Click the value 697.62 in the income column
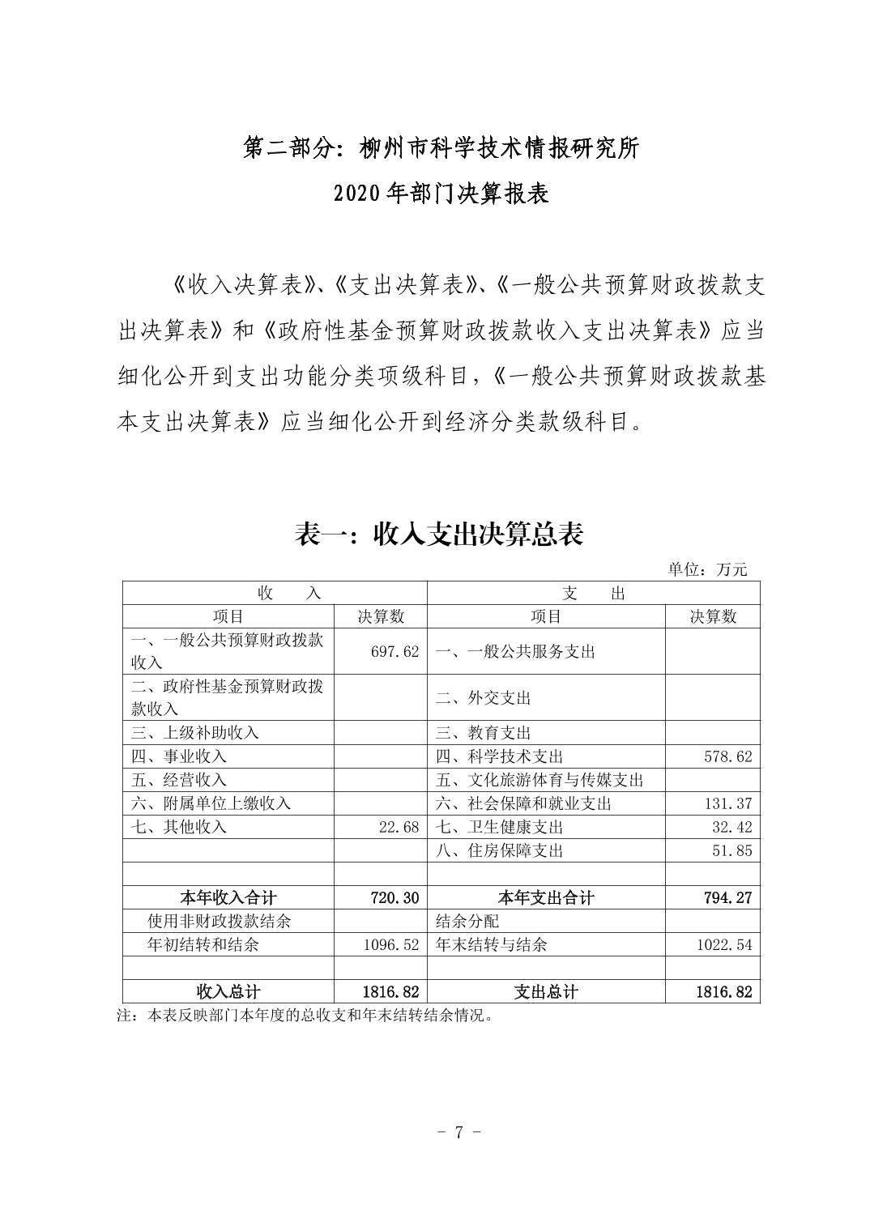click(x=394, y=651)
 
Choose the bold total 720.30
click(x=394, y=897)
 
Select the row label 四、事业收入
click(x=179, y=756)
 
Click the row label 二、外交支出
click(x=483, y=697)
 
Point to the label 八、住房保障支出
click(x=499, y=850)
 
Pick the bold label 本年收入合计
click(x=228, y=897)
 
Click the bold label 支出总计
click(x=545, y=991)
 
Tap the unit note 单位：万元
click(x=707, y=569)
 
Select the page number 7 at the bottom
click(x=458, y=1132)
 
